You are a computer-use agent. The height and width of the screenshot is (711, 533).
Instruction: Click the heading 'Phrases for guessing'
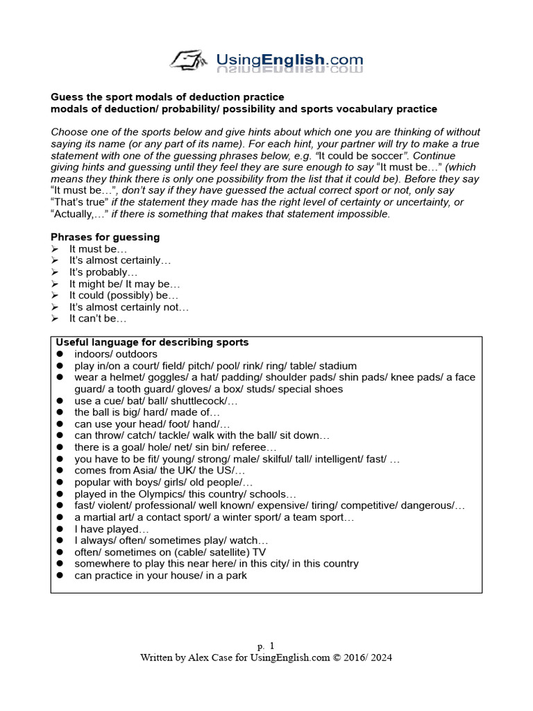(105, 237)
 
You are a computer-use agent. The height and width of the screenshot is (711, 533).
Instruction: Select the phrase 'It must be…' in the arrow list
(98, 249)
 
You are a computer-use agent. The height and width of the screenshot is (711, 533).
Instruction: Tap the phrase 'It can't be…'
(98, 319)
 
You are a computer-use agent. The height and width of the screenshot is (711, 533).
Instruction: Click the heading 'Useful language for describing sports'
(152, 342)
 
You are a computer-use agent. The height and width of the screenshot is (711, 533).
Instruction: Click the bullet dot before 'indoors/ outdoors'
(60, 354)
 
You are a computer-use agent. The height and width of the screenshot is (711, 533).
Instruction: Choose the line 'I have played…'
(107, 529)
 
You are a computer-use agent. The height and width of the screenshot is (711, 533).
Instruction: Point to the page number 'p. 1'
(266, 645)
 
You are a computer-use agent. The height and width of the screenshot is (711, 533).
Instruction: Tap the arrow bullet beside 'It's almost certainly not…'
(56, 307)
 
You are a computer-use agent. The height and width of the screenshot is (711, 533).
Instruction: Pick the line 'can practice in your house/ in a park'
(160, 576)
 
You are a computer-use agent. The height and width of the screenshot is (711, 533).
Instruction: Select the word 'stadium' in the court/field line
(337, 365)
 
